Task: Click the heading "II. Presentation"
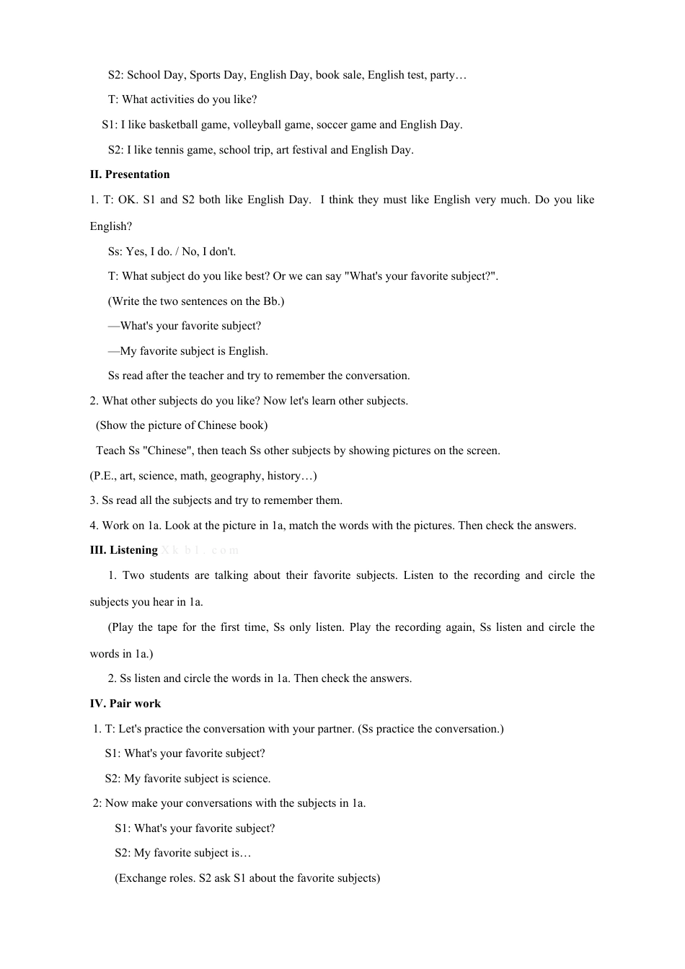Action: (130, 174)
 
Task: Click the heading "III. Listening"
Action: (123, 550)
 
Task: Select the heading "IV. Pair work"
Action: (125, 704)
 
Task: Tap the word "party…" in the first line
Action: (448, 75)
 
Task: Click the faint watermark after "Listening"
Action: (200, 550)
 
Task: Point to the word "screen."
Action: (481, 451)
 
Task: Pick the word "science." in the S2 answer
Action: (252, 779)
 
